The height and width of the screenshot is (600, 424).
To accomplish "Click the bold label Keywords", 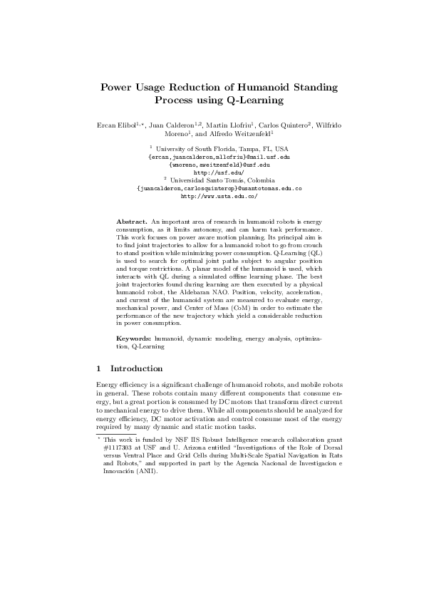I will click(x=133, y=340).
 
